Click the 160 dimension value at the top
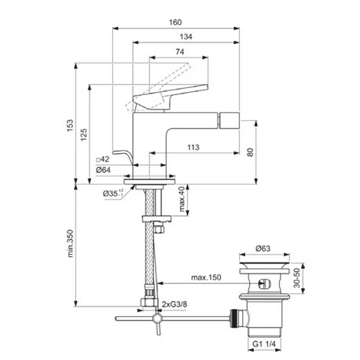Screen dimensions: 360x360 tap(175, 22)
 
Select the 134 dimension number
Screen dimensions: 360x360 tap(186, 36)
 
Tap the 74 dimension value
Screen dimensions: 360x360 tap(179, 52)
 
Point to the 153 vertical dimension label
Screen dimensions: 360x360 tap(70, 126)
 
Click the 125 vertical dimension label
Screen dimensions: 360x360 tap(84, 134)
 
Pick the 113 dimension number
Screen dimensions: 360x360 tap(193, 147)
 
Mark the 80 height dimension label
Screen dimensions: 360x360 tap(250, 152)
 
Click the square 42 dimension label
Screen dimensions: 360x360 tap(103, 159)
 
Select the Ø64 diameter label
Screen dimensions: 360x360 tap(103, 170)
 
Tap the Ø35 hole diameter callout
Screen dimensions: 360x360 tap(113, 193)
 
